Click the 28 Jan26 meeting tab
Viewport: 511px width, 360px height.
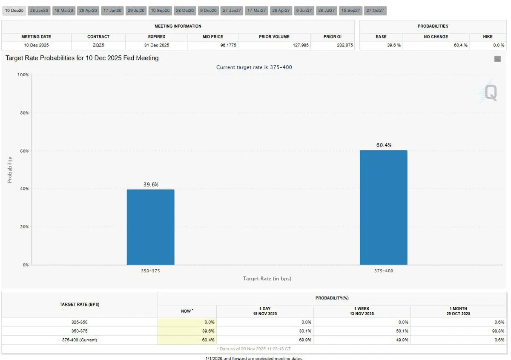click(39, 10)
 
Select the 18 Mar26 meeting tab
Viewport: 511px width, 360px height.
click(64, 10)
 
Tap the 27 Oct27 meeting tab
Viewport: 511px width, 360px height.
click(375, 10)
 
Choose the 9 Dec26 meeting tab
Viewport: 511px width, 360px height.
click(209, 10)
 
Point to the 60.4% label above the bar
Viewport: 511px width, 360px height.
click(384, 145)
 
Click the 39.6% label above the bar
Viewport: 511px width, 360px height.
click(151, 184)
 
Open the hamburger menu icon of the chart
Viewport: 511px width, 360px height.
click(497, 59)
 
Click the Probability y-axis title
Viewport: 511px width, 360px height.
click(10, 170)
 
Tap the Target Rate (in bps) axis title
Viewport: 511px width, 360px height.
click(267, 279)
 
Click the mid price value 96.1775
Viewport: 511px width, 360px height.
click(229, 45)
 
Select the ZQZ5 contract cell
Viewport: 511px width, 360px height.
click(98, 45)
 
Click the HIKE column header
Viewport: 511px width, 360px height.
click(488, 37)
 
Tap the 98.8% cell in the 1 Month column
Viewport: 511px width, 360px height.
click(498, 331)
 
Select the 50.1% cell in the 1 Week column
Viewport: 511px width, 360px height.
click(402, 331)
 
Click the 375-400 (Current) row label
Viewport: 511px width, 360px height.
click(80, 340)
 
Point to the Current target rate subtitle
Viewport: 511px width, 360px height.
click(254, 67)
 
